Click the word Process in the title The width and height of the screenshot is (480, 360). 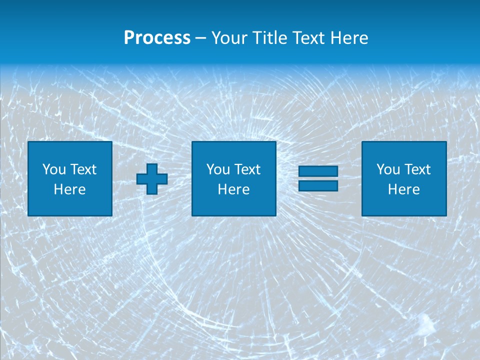click(157, 38)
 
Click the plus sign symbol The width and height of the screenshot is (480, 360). click(152, 179)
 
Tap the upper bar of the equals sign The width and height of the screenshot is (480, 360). click(318, 171)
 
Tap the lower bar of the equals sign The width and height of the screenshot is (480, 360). click(318, 185)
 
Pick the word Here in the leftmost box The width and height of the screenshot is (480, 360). click(70, 189)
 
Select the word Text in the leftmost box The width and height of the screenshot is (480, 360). click(83, 169)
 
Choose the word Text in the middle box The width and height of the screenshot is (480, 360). click(247, 169)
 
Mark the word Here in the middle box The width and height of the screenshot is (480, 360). click(234, 189)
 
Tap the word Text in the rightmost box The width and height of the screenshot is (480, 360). click(417, 169)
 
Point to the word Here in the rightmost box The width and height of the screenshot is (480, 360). click(404, 189)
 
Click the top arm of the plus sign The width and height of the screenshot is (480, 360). click(152, 169)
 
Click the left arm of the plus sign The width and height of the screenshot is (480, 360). click(142, 179)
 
